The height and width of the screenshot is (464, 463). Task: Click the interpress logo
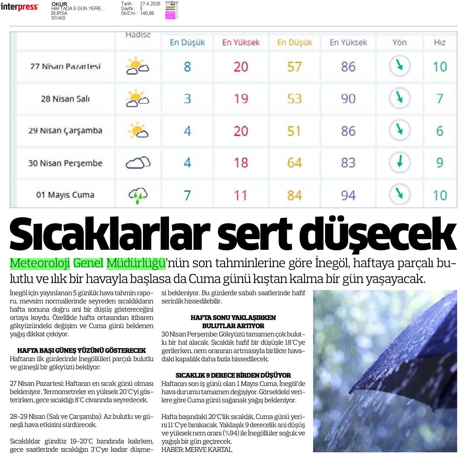click(x=19, y=7)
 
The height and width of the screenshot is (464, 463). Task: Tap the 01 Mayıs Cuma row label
click(x=65, y=195)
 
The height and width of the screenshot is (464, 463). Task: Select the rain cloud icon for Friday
click(x=138, y=195)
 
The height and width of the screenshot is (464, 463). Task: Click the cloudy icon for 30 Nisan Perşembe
click(x=138, y=163)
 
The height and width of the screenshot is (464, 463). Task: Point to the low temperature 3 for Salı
click(x=187, y=99)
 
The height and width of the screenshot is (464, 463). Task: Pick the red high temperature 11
click(x=241, y=195)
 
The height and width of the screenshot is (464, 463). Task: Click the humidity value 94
click(x=348, y=195)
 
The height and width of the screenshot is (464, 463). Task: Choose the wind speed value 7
click(x=440, y=99)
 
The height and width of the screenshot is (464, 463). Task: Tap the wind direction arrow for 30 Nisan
click(x=400, y=162)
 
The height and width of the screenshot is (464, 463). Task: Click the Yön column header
click(x=399, y=42)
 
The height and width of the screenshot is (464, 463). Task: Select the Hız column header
click(x=440, y=42)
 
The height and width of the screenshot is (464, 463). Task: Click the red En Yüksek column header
click(x=241, y=42)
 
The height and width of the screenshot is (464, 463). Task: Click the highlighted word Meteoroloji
click(x=40, y=263)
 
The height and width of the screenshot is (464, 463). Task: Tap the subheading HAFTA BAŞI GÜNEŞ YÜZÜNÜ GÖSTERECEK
click(x=81, y=350)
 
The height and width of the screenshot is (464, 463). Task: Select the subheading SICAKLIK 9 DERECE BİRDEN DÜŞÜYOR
click(x=233, y=375)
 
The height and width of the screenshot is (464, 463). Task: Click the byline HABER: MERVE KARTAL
click(x=196, y=449)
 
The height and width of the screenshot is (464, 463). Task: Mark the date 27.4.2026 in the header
click(x=150, y=4)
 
